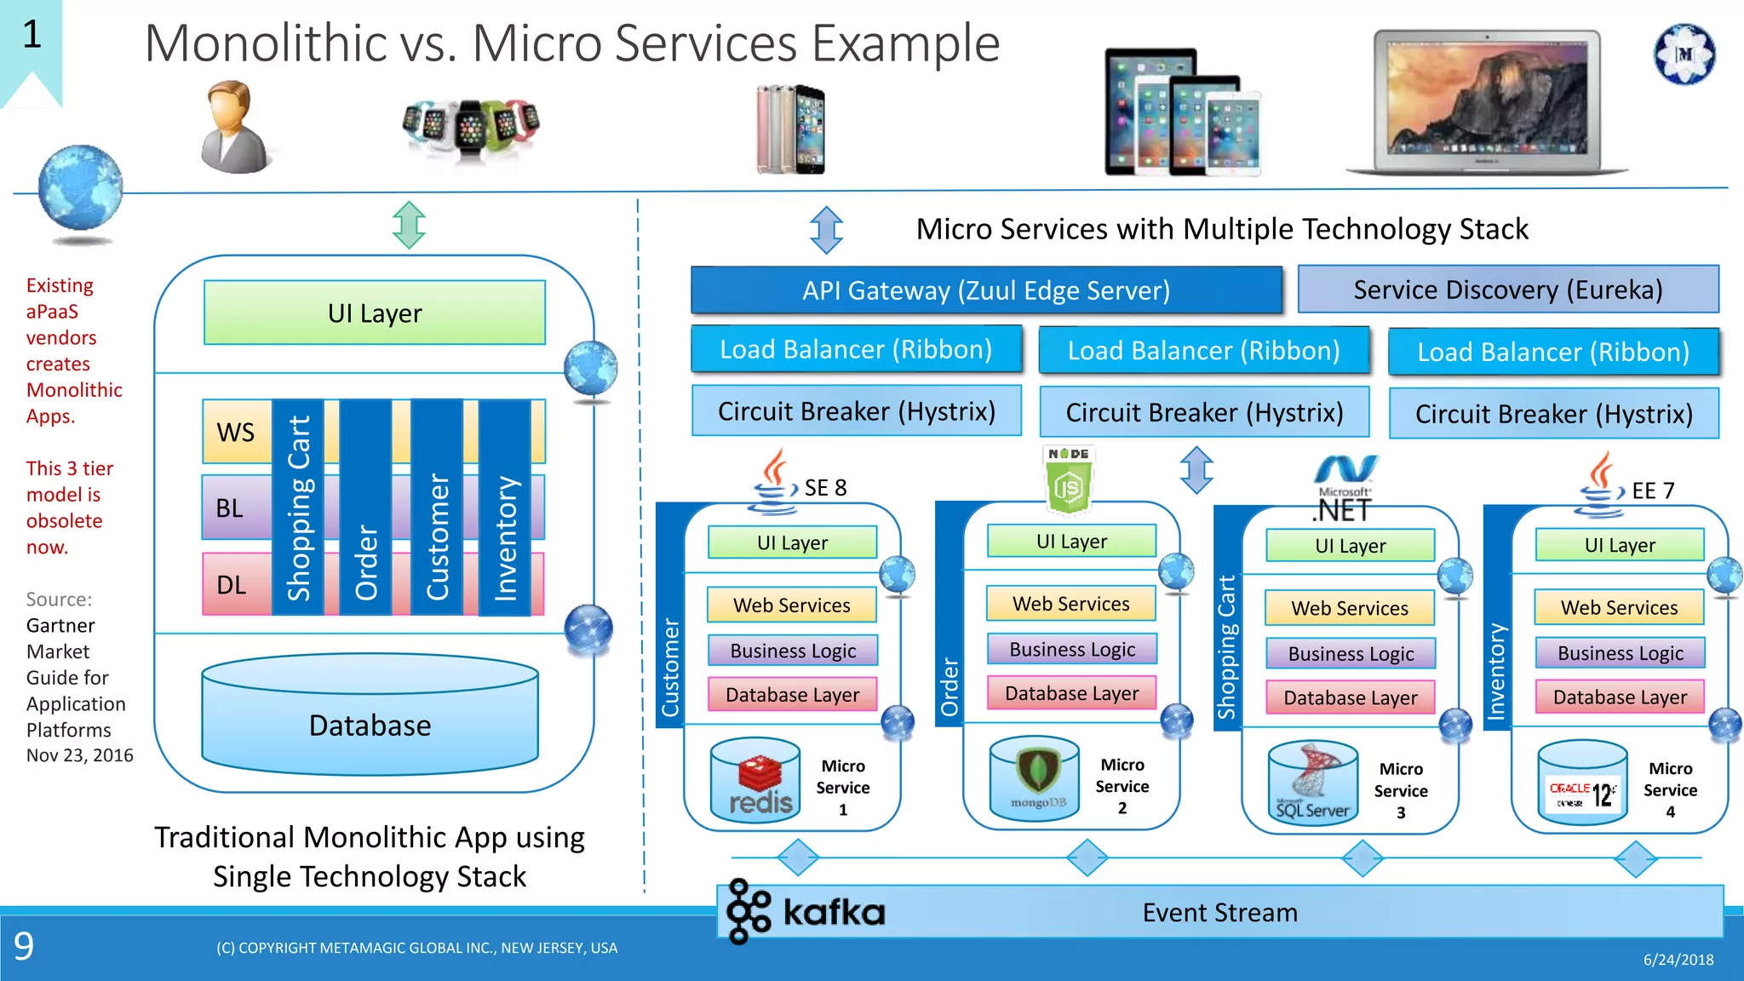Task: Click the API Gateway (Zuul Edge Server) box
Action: [986, 290]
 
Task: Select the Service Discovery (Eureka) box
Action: [1507, 290]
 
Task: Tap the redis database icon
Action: [755, 780]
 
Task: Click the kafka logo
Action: [806, 912]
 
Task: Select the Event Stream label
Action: [1219, 913]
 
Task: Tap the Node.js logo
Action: [1069, 479]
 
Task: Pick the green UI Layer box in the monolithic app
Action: [375, 313]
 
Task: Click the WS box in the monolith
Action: [236, 432]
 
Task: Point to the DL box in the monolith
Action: [232, 585]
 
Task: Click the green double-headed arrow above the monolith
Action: [410, 225]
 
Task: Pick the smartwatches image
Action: [471, 129]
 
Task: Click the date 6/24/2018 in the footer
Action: [1678, 960]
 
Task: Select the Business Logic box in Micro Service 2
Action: [1072, 650]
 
